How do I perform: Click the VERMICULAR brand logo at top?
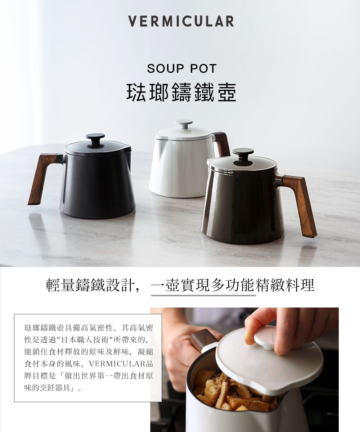(181, 21)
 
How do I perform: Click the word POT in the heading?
(203, 68)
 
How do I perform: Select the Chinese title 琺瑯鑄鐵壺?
(181, 93)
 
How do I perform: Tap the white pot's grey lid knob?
(184, 123)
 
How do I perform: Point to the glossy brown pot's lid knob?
(243, 154)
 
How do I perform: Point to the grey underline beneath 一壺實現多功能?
(203, 295)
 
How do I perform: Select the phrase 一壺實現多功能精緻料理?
(233, 285)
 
